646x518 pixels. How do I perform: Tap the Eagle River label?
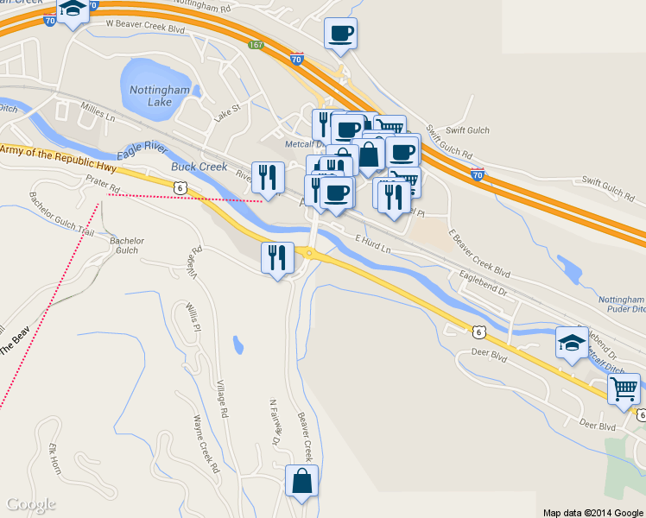point(142,148)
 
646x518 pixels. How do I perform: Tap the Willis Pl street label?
point(193,318)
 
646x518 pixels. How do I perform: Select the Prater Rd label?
point(102,183)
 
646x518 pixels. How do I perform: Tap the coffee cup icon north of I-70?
point(340,33)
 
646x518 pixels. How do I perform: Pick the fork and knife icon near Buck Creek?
point(268,177)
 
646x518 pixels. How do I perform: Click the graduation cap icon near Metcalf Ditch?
point(571,343)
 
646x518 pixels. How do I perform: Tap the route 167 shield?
point(256,45)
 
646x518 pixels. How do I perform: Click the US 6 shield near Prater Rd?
point(179,186)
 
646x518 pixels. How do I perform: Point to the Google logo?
point(30,504)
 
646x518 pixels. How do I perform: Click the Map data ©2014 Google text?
point(592,512)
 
